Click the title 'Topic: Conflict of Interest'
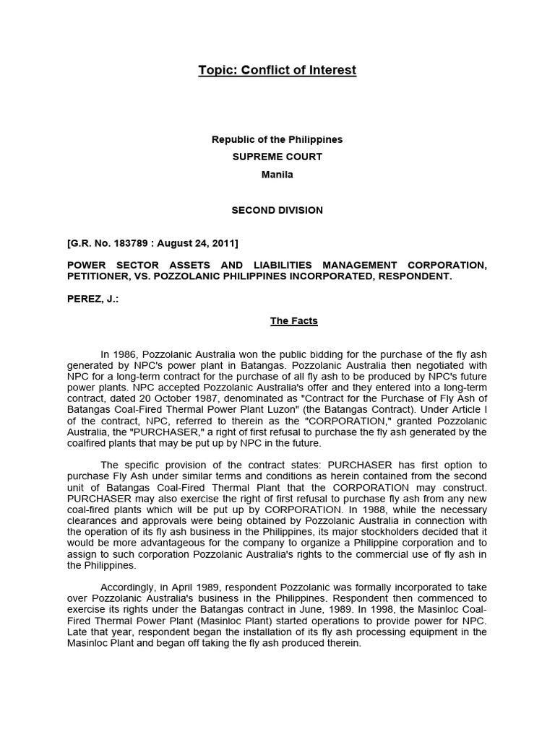tap(277, 70)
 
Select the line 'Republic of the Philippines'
tap(277, 139)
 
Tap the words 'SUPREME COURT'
tap(277, 157)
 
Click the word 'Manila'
tap(277, 174)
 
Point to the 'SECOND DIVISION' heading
tap(277, 210)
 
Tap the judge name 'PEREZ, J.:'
tap(92, 298)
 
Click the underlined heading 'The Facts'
tap(294, 321)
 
